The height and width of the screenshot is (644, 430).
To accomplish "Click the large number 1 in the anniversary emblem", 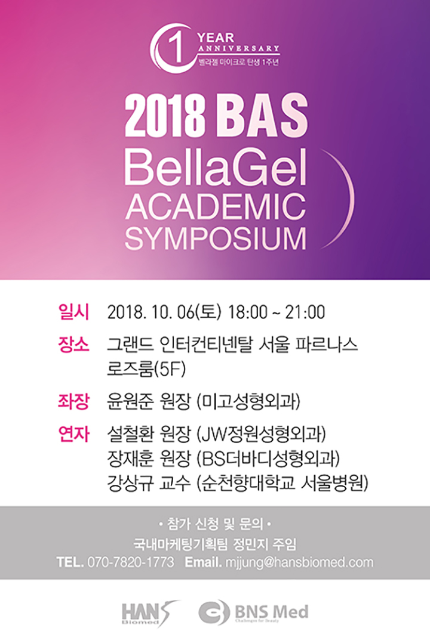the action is click(x=177, y=48).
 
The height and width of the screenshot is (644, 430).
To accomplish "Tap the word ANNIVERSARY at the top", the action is click(x=239, y=48).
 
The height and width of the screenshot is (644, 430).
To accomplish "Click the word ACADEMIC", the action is click(x=216, y=207).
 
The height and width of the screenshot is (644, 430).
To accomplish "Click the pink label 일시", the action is click(x=73, y=312).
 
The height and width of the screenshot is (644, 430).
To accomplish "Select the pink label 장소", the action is click(x=73, y=345).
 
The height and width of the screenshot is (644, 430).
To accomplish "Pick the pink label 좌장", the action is click(x=73, y=401).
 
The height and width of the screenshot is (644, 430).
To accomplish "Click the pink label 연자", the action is click(x=73, y=434).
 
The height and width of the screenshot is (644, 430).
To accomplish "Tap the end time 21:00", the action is click(x=305, y=312).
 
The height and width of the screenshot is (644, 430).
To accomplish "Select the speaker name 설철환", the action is click(x=127, y=434).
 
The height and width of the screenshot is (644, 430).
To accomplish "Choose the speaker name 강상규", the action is click(x=127, y=484).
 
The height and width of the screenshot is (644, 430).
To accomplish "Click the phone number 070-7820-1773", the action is click(x=131, y=562).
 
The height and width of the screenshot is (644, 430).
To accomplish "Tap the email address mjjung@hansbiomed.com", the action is click(x=299, y=562).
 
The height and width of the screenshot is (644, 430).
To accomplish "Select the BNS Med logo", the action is click(x=253, y=612).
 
